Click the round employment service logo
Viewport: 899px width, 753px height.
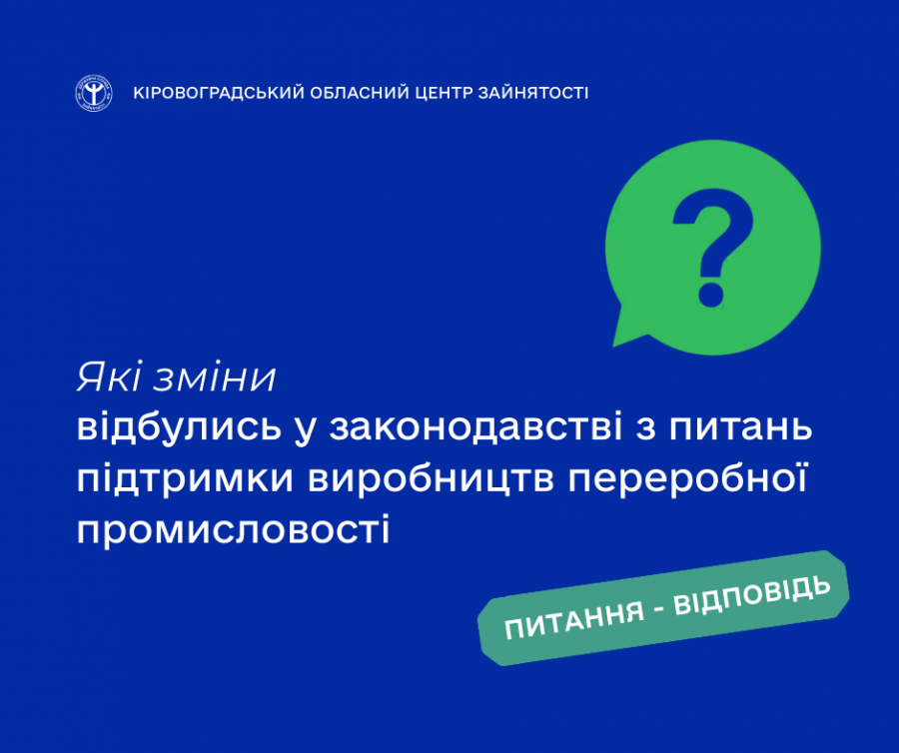pos(94,93)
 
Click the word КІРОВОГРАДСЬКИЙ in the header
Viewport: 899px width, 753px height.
pos(219,93)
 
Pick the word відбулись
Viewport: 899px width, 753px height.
pos(180,427)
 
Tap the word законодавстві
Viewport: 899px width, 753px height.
pos(475,428)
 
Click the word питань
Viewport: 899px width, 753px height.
pos(740,428)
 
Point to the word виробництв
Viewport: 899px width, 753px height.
pos(431,478)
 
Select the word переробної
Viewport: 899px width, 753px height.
pos(687,478)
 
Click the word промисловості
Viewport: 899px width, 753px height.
pos(234,529)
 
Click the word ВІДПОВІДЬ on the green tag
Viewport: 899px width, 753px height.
pos(751,596)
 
